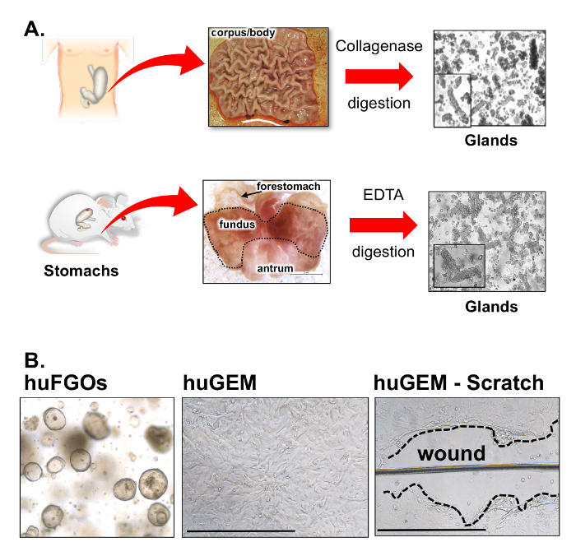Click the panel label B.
pyautogui.click(x=35, y=361)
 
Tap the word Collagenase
pyautogui.click(x=379, y=46)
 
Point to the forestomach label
pyautogui.click(x=288, y=187)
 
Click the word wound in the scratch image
pyautogui.click(x=449, y=453)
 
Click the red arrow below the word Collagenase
pyautogui.click(x=379, y=76)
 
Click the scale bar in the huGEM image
pyautogui.click(x=240, y=531)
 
